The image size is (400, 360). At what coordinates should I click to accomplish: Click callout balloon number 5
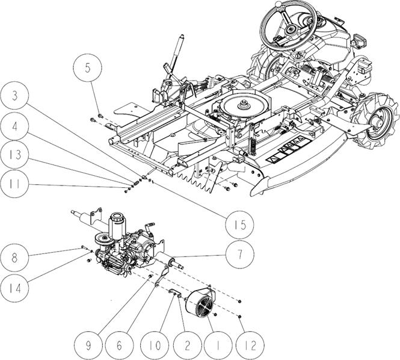87,68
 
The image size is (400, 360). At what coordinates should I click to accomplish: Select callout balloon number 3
14,96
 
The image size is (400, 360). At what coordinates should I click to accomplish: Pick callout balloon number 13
14,155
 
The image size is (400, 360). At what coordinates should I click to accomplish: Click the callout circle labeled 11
14,184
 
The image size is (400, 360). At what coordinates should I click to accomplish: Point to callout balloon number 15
240,225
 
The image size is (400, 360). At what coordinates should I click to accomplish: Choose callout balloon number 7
240,255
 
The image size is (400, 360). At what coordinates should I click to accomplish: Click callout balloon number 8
14,258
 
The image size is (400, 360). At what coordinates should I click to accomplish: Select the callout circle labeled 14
14,288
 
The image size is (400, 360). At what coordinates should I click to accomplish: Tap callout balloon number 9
88,346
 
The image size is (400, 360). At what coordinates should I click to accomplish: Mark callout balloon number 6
119,346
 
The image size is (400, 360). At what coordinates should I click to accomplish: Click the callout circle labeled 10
155,346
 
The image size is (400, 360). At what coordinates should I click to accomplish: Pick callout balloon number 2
188,346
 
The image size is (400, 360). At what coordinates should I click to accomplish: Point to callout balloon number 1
218,346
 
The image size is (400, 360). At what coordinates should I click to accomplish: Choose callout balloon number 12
250,346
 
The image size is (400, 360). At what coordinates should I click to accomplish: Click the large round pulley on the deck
244,105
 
